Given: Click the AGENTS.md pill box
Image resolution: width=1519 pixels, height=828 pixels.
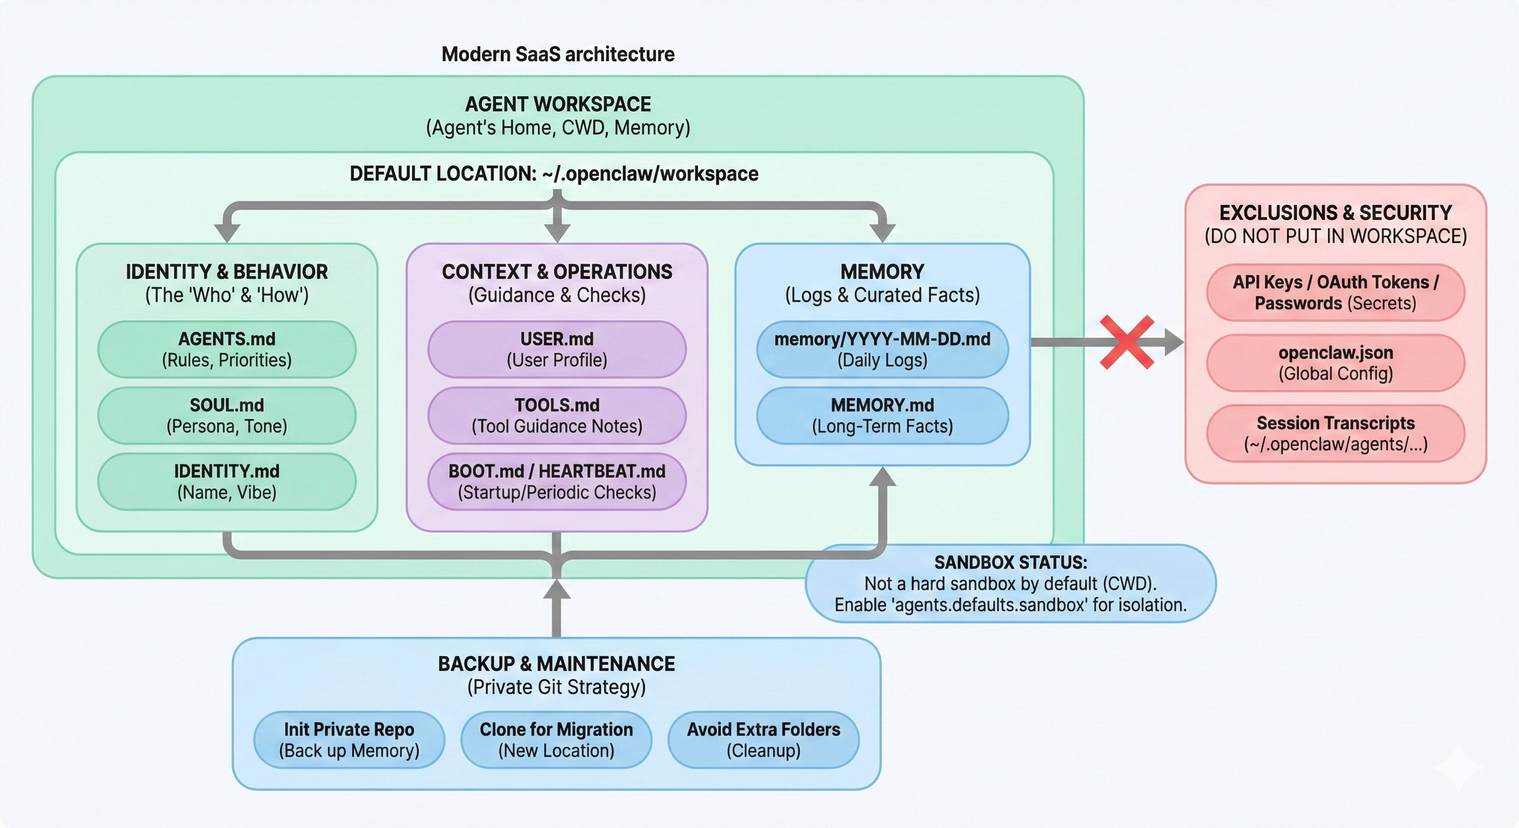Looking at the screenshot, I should click(227, 349).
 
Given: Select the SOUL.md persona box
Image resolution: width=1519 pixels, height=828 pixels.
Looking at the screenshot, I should click(227, 415).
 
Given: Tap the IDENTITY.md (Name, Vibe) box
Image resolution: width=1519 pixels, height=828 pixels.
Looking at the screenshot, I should click(227, 481).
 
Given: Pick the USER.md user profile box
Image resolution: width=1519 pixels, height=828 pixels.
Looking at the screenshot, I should click(557, 349).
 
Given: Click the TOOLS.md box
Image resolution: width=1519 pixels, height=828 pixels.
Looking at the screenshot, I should click(557, 415).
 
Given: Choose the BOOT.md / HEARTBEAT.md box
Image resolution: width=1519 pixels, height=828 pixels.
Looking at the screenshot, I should click(557, 481).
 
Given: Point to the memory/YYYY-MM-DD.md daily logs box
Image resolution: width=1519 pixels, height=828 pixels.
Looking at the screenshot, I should click(882, 349).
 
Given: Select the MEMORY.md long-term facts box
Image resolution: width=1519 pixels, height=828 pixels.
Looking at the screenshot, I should click(882, 415).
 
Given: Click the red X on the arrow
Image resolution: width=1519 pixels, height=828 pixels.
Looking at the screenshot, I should click(1127, 342).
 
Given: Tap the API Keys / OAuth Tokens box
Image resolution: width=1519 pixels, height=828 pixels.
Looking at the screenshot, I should click(1335, 292).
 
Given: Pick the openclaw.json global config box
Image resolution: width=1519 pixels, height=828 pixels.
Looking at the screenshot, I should click(1335, 362).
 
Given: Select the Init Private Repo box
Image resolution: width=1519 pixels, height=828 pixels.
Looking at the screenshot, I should click(349, 740).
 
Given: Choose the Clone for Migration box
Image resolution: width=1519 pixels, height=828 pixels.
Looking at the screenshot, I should click(556, 740).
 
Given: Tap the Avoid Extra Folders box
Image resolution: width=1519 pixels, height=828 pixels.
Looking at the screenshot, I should click(763, 740).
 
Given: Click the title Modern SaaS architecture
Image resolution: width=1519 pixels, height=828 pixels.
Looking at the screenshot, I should click(558, 54).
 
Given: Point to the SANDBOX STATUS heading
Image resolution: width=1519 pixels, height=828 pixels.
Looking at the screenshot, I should click(1011, 562).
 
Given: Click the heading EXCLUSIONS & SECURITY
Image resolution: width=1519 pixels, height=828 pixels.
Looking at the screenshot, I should click(1335, 212).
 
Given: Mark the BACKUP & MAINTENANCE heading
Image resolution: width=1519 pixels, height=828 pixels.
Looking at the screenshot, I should click(556, 664).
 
